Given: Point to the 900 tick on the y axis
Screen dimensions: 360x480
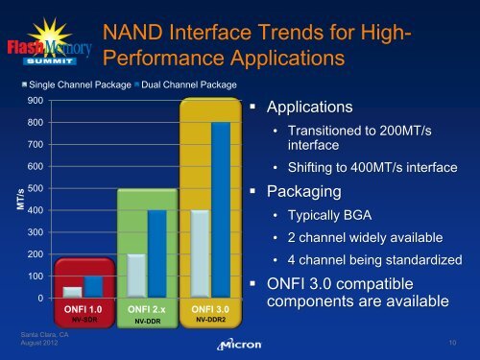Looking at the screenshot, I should point(35,101).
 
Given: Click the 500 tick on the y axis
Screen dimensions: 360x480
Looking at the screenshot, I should point(35,188).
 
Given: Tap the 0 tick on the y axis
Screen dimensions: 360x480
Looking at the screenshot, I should point(38,298).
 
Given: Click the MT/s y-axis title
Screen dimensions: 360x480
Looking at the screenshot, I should point(11,201).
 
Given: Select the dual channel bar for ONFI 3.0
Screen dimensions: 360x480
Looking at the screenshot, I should point(220,209).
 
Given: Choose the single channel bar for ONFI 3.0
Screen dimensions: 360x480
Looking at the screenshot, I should point(199,253).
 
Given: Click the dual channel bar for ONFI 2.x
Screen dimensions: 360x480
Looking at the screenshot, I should point(156,253).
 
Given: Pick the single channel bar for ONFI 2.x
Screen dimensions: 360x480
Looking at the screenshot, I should point(136,276).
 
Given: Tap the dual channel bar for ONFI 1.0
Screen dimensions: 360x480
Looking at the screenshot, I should point(93,286).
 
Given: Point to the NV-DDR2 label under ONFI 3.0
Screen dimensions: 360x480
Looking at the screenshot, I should point(211,319).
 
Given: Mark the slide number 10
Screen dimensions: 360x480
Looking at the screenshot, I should point(451,341).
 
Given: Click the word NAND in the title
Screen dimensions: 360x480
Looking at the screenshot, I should point(136,36).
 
